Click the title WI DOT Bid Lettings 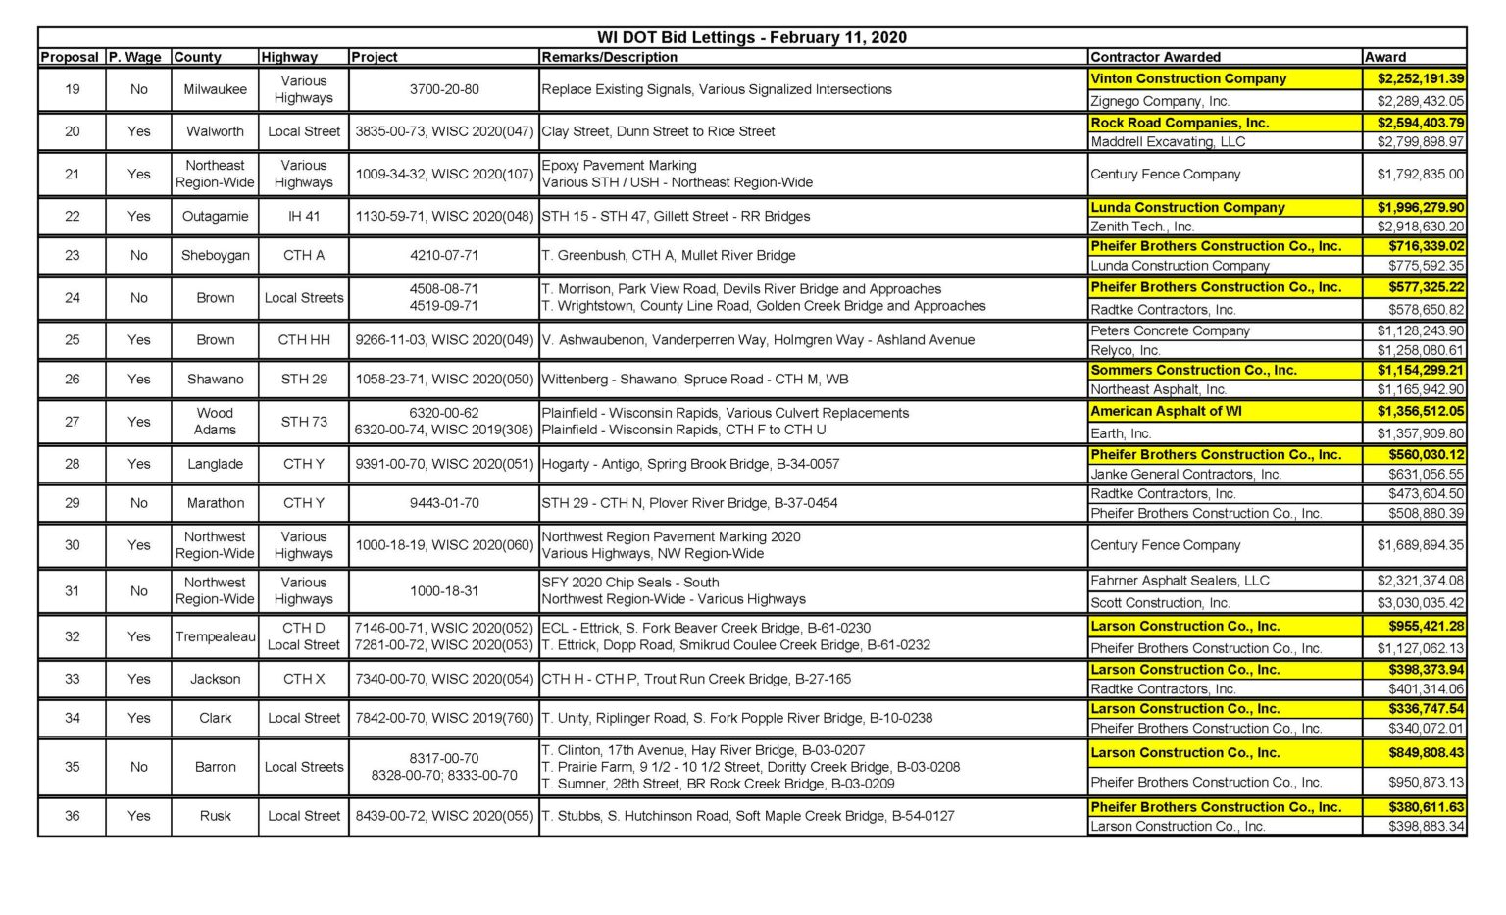(751, 37)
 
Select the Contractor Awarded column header (1155, 57)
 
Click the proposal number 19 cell (72, 89)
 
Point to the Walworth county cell (215, 131)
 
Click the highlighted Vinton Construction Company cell (1188, 78)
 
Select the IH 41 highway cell (304, 216)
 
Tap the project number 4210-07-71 (444, 255)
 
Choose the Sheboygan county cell (215, 255)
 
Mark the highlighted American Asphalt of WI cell (1166, 411)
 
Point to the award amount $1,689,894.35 (1420, 545)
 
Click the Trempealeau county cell (215, 636)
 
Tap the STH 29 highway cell (304, 379)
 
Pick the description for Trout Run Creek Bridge (696, 679)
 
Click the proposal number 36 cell (72, 816)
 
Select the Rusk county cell (215, 816)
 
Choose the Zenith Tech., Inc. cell (1142, 227)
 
